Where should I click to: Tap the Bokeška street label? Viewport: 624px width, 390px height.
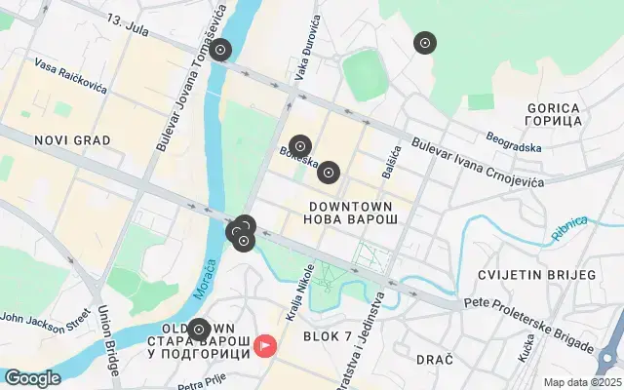[x=297, y=157]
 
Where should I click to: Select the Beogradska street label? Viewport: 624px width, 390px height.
[x=514, y=146]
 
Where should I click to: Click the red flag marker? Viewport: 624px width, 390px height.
[x=264, y=345]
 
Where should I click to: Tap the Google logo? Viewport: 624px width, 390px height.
[x=32, y=378]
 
